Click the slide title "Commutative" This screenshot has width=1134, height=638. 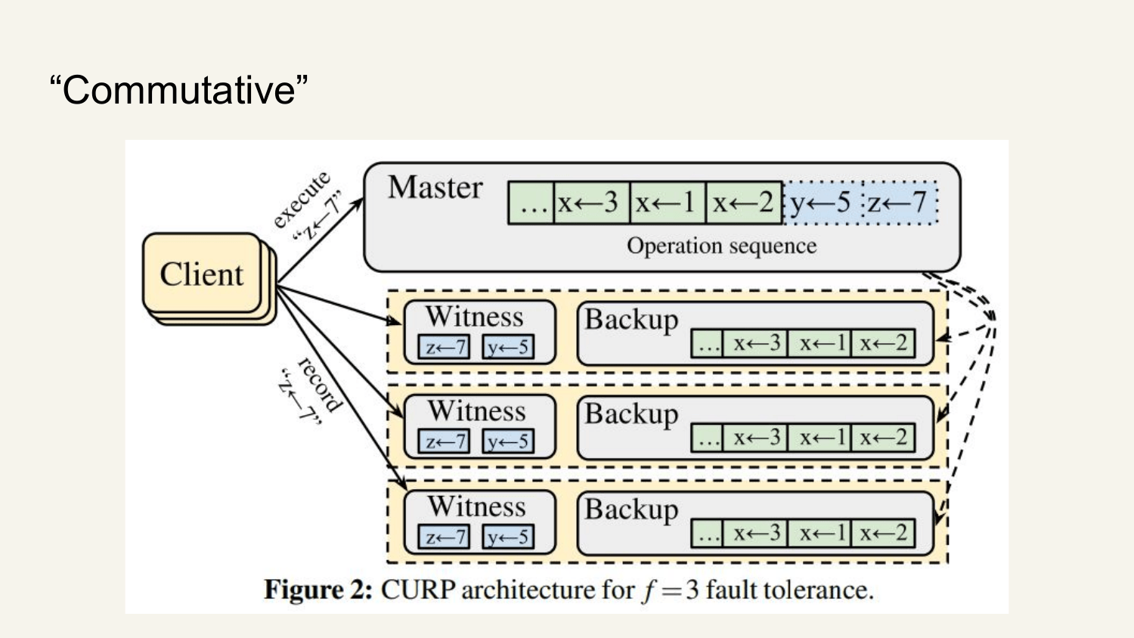click(x=178, y=90)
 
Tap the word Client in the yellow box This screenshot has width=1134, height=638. click(x=202, y=274)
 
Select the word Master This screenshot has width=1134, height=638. click(x=435, y=187)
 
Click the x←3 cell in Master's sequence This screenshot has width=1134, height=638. click(x=592, y=203)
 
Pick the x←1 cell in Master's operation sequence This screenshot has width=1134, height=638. click(x=668, y=203)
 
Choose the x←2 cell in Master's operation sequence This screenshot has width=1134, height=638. click(x=744, y=203)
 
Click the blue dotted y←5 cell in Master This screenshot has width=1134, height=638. click(x=823, y=203)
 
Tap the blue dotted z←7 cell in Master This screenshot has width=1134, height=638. click(x=900, y=203)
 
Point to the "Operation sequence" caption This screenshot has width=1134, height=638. click(x=721, y=246)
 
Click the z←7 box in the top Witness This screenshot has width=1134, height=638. click(x=444, y=348)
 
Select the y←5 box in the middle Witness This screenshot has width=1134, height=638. click(x=508, y=441)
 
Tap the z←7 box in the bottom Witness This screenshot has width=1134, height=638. click(x=444, y=536)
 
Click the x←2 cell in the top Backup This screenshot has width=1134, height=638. click(x=883, y=343)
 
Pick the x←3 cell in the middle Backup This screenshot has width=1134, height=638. click(x=754, y=438)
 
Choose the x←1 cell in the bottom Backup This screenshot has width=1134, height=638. click(x=819, y=533)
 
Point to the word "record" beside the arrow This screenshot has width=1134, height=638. click(x=320, y=384)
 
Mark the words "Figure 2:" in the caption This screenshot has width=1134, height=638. click(x=318, y=590)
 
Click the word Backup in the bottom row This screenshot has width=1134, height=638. click(x=631, y=509)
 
